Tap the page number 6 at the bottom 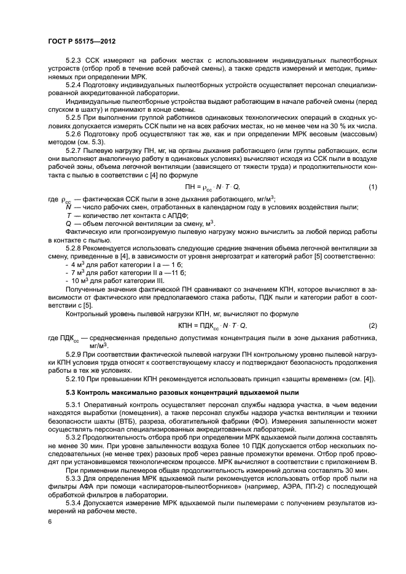point(49,522)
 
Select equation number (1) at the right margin point(372,187)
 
